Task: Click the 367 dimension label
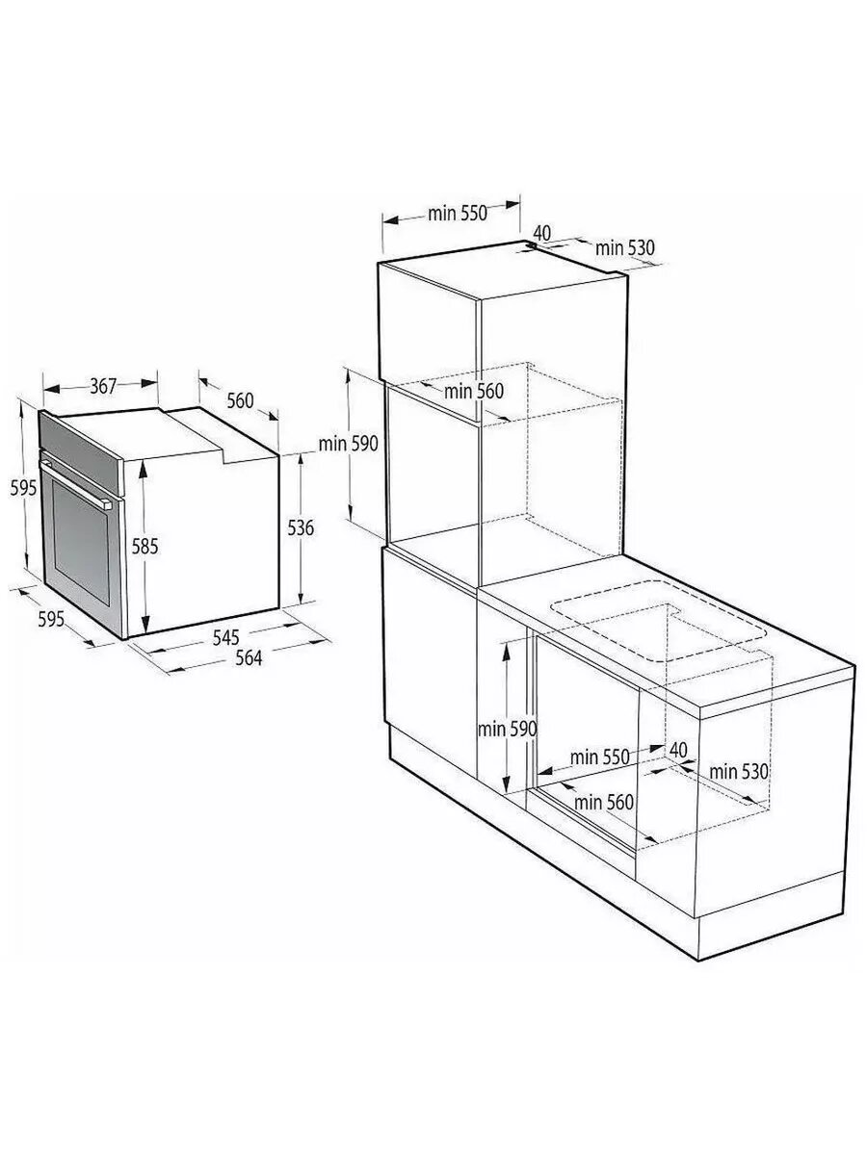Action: tap(103, 386)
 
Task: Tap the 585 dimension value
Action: tap(144, 546)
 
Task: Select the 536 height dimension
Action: tap(301, 527)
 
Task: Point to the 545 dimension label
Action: tap(225, 637)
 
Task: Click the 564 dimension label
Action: tap(249, 657)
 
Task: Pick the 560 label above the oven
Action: tap(240, 401)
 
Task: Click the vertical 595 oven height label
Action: tap(24, 488)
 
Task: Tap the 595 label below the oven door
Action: tap(51, 619)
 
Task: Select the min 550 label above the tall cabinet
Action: tap(458, 213)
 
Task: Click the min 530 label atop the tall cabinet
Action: tap(625, 247)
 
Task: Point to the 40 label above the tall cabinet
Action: tap(541, 233)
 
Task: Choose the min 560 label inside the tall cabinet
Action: tap(474, 392)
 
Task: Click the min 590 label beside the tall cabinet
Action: tap(349, 444)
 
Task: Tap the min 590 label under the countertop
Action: tap(507, 730)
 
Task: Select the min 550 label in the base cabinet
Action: tap(599, 757)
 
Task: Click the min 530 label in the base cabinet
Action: tap(739, 772)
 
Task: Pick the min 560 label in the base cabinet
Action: tap(604, 803)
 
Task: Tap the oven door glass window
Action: tap(81, 542)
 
